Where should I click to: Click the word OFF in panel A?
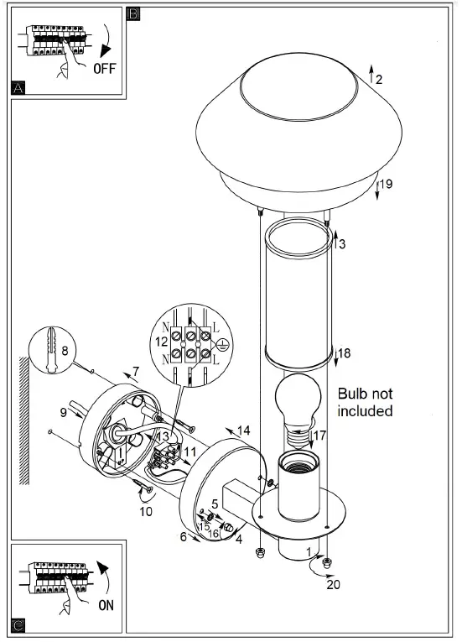tap(104, 68)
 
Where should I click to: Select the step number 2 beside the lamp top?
tap(379, 80)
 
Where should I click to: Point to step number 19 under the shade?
tap(387, 183)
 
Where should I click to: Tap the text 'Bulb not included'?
tap(366, 402)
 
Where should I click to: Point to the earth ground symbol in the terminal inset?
tap(222, 344)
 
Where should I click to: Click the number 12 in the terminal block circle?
tap(160, 342)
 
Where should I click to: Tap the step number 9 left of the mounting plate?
tap(63, 412)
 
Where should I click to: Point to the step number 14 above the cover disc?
tap(243, 431)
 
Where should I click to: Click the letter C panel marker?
tap(19, 624)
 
